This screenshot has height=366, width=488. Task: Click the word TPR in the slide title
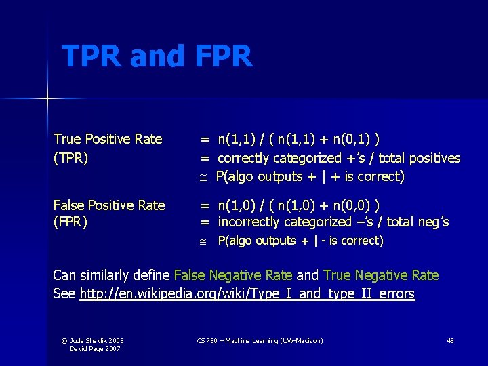coord(91,56)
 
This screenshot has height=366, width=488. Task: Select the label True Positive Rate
coord(108,139)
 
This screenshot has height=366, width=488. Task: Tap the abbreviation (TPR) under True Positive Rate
coord(70,158)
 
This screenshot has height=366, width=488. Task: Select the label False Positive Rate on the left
coord(109,205)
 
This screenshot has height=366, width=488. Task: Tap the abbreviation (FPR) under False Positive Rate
coord(70,222)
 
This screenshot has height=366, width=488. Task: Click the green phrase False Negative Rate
coord(233,275)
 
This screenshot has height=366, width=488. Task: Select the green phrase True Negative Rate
coord(381,275)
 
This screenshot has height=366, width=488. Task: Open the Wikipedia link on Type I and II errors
coord(247,293)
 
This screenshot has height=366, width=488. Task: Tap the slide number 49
coord(450,340)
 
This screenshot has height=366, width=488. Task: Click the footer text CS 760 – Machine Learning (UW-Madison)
coord(260,340)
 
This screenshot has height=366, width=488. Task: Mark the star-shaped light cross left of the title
coord(48,99)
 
